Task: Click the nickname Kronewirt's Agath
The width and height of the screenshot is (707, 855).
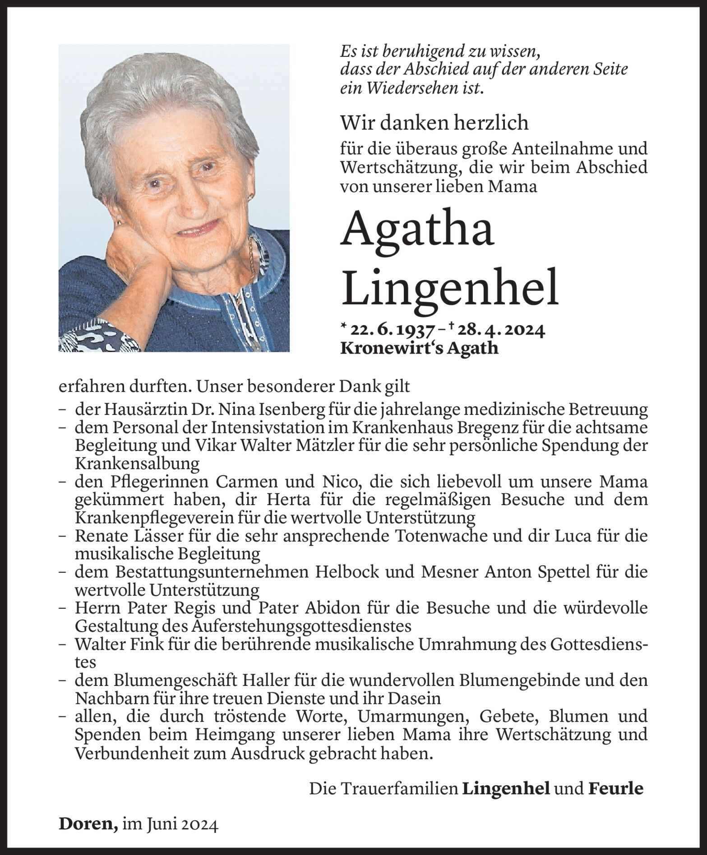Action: [x=419, y=348]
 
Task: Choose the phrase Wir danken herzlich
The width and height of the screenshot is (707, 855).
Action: [x=434, y=122]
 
